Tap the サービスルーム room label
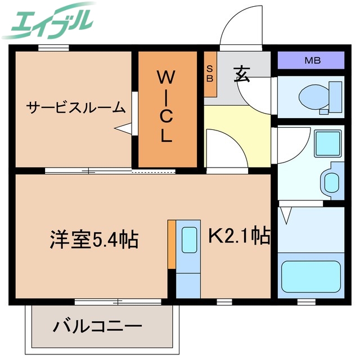(x=76, y=106)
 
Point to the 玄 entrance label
(x=242, y=74)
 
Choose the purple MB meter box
(x=310, y=60)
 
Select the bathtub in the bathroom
(x=310, y=276)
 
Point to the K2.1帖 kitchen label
(x=239, y=235)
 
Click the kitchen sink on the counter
(x=188, y=239)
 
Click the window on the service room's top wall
(x=53, y=48)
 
